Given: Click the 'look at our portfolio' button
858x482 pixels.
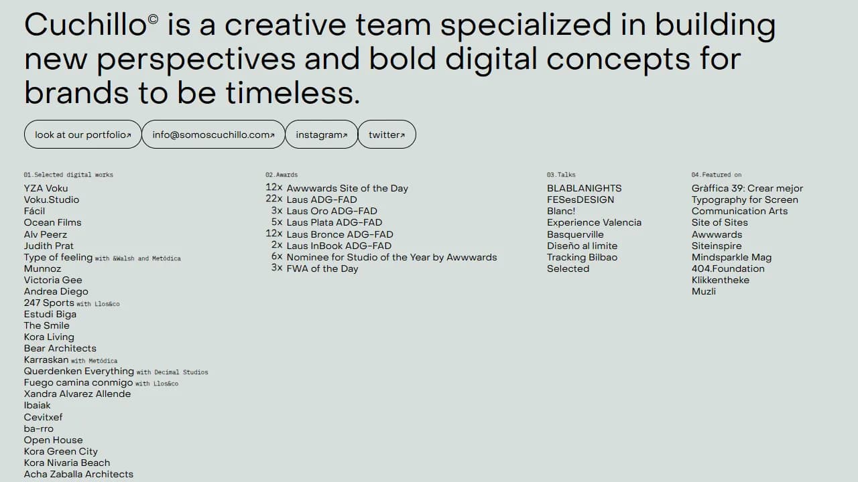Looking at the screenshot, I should [82, 135].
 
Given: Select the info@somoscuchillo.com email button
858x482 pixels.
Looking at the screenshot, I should [213, 135].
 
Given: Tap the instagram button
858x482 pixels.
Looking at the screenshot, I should [321, 135].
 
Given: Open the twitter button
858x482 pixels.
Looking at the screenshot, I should [387, 135].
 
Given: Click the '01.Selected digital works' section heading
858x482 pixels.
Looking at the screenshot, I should [68, 175].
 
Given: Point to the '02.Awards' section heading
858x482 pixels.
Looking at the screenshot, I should [282, 175].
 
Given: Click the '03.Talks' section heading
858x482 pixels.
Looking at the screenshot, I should [561, 175].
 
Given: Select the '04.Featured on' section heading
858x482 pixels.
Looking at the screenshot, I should [717, 175].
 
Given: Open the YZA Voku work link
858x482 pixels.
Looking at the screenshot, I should [46, 188].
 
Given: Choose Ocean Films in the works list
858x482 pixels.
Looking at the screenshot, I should [52, 222].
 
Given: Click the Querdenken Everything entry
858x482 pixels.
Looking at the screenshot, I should [79, 371].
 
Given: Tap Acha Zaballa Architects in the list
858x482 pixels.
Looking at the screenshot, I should [78, 474].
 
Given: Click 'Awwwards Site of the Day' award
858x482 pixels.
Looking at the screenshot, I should [347, 188].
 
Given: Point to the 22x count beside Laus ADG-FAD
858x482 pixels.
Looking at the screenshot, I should [274, 199].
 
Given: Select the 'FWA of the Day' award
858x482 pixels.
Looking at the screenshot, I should [322, 268].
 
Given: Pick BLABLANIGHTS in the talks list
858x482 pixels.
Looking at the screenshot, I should [584, 188].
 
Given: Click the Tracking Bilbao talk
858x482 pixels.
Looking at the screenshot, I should [582, 257].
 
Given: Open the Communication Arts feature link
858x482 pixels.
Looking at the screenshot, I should [739, 211].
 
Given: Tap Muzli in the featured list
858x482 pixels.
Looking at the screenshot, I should [704, 291].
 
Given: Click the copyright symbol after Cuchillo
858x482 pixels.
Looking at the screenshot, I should [153, 20].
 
